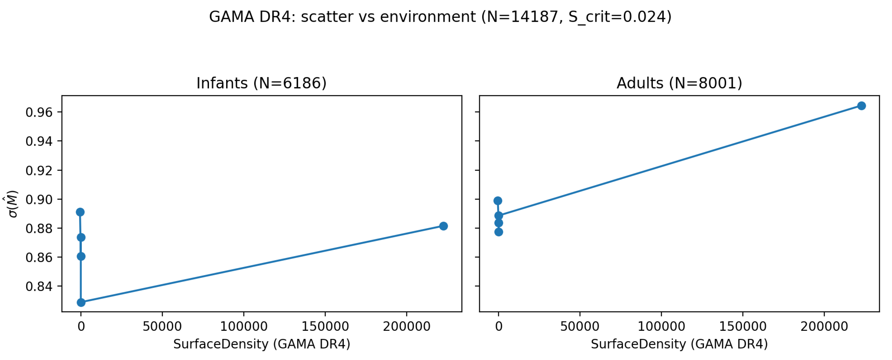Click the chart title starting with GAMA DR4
(440, 17)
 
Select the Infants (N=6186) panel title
(261, 83)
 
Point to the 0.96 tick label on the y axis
(39, 112)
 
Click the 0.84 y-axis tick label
(39, 287)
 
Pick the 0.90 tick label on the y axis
(39, 200)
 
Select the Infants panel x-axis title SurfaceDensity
(261, 344)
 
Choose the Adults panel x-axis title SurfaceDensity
(679, 344)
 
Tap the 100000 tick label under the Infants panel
(244, 326)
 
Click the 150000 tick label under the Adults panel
(743, 326)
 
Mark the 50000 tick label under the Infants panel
(162, 326)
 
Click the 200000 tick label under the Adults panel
(824, 326)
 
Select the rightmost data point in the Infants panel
(443, 226)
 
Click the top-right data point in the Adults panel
(861, 106)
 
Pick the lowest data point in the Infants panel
(81, 302)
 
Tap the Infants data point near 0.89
(80, 212)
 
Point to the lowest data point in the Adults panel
(499, 232)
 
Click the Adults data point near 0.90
(498, 201)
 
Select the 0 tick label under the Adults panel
(499, 326)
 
